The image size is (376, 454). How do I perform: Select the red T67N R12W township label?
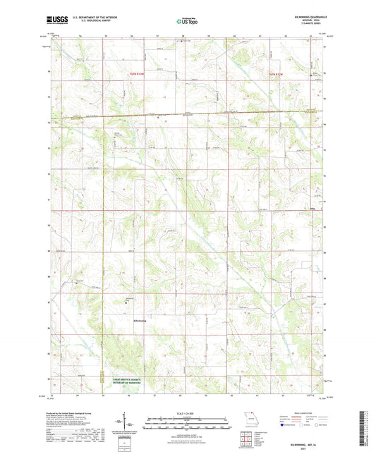pos(279,73)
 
